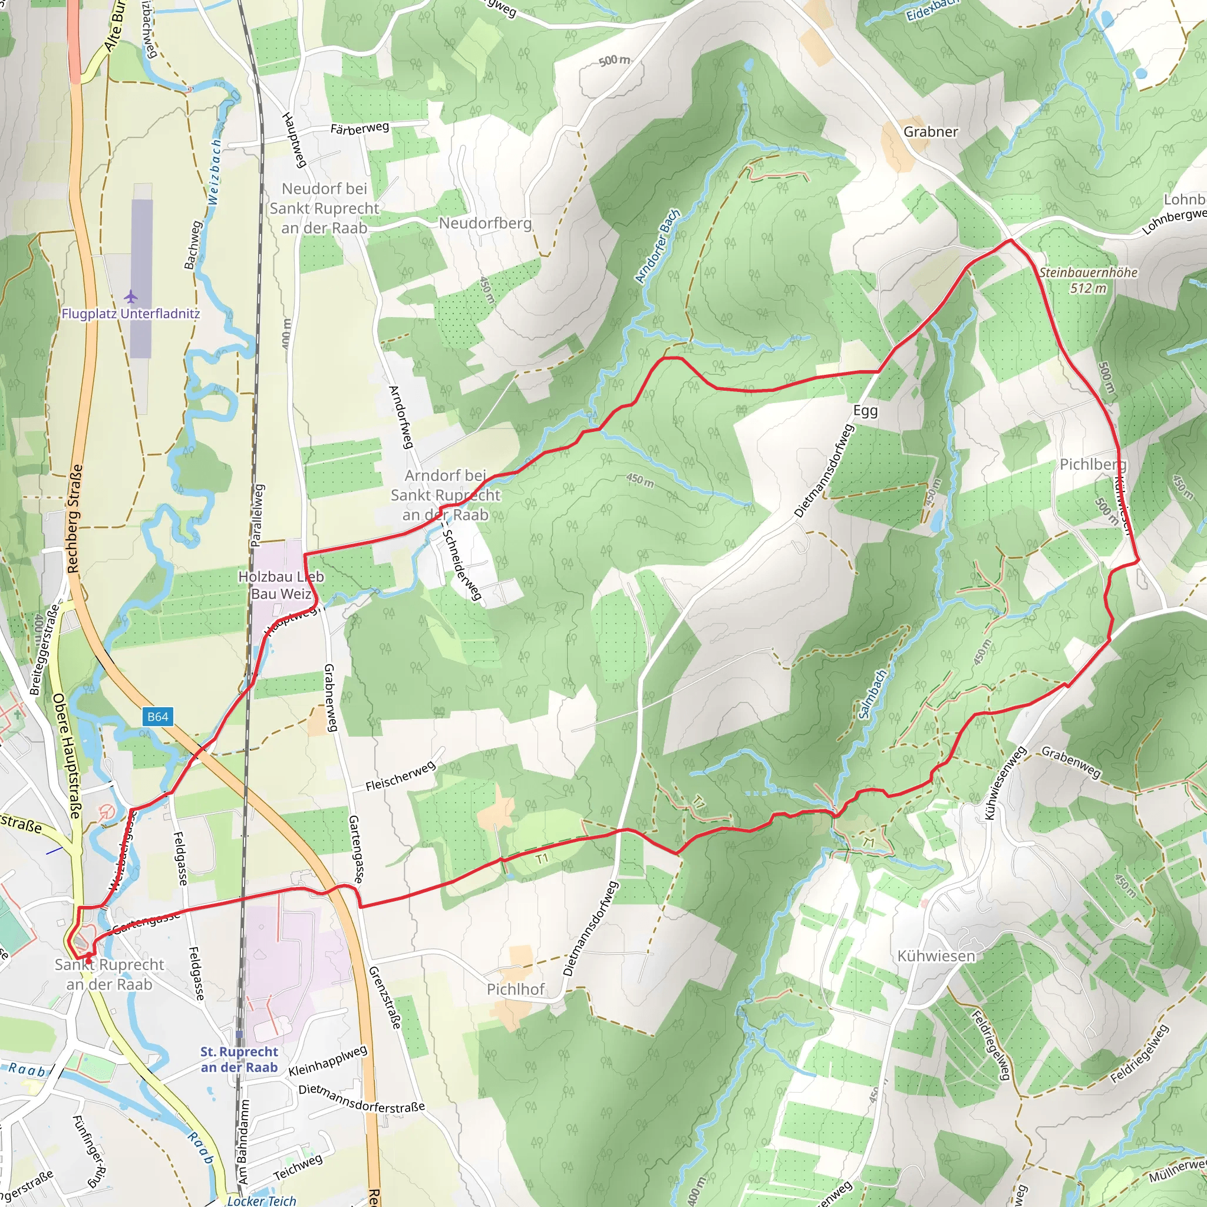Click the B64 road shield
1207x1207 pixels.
[x=157, y=717]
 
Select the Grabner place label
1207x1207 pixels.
[x=930, y=132]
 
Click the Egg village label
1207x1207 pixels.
[x=865, y=411]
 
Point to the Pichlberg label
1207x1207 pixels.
[x=1093, y=464]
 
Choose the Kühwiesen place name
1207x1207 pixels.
[x=936, y=956]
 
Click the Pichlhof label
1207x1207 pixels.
[x=516, y=989]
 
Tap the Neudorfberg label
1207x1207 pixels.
[x=485, y=223]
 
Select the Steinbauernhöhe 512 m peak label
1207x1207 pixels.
[x=1089, y=280]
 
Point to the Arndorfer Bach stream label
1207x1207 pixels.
[x=657, y=246]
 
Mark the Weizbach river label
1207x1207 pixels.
[x=214, y=172]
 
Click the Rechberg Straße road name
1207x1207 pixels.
[x=74, y=519]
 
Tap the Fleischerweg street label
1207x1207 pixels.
[x=400, y=776]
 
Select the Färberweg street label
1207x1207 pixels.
[x=360, y=128]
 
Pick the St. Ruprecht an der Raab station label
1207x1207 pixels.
[x=239, y=1060]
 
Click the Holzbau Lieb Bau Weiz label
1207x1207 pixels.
[x=281, y=585]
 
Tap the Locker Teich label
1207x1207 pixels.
[x=261, y=1200]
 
